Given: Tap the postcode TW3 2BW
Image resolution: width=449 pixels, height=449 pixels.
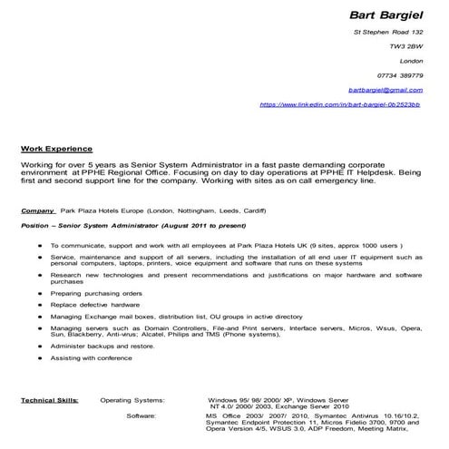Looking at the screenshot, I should [x=406, y=45].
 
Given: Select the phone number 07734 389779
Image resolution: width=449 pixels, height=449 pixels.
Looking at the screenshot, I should [x=399, y=75].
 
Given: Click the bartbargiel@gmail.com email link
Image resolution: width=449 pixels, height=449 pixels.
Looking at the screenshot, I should [x=385, y=90].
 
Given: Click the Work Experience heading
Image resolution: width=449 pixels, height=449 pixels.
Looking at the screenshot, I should [x=56, y=148].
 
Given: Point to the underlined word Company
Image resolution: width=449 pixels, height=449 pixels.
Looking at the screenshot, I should [x=38, y=210].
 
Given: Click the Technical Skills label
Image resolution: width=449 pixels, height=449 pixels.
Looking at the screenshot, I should [x=49, y=399].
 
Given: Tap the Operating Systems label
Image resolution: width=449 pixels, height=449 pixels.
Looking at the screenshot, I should [x=132, y=399].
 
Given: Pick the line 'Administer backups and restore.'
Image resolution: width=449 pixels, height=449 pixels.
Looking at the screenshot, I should [x=102, y=346].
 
